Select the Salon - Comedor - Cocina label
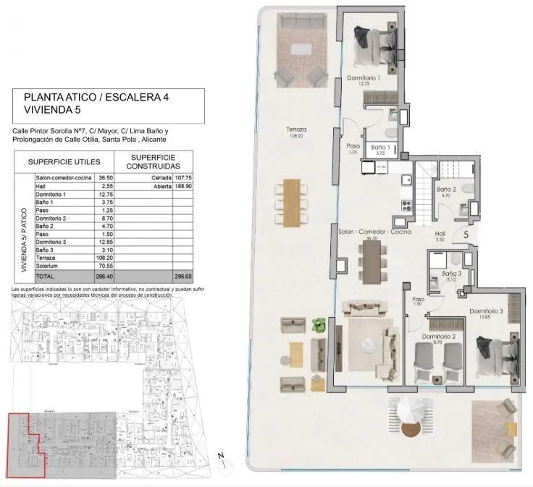tap(374, 232)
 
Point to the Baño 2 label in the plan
tap(446, 190)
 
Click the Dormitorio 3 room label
tap(485, 311)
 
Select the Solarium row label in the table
tap(48, 266)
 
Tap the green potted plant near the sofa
tap(317, 326)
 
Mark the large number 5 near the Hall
tap(466, 234)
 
